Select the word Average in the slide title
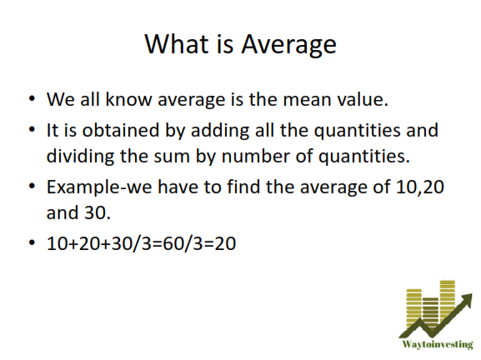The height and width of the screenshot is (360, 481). click(289, 45)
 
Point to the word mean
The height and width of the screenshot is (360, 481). click(307, 100)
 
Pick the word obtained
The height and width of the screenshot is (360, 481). click(121, 130)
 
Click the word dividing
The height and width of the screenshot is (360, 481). click(80, 157)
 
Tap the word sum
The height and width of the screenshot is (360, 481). click(172, 157)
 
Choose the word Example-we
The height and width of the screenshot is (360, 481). click(99, 187)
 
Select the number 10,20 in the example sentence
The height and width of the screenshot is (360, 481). click(420, 187)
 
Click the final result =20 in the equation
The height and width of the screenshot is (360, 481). click(223, 243)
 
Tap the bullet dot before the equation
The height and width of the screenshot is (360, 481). click(32, 242)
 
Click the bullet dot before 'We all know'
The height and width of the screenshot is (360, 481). click(32, 98)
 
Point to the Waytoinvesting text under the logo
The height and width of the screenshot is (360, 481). click(438, 345)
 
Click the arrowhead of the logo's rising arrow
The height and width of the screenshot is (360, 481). click(467, 298)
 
